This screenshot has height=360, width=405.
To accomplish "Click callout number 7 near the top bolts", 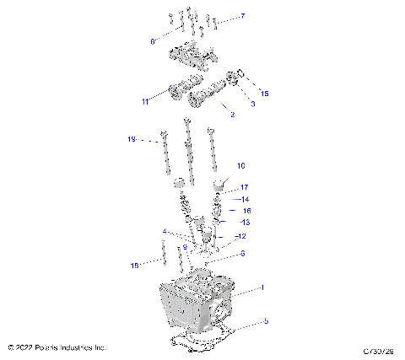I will tap(242, 16).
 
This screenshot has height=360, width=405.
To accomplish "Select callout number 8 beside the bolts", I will tap(153, 40).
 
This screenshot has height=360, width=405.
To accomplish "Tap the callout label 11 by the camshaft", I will tap(145, 102).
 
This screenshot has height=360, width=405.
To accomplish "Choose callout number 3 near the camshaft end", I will tap(251, 103).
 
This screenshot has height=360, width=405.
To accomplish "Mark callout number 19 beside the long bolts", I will tap(131, 139).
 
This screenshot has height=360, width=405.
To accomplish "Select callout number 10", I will tap(240, 166).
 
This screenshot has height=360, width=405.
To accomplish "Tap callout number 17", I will tap(245, 187).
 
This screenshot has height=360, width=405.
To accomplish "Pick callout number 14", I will tap(246, 199).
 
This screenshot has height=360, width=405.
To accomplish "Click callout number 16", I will tap(247, 211).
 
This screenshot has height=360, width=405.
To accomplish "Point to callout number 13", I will tap(246, 223).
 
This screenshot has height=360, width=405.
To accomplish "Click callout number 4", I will tap(165, 231).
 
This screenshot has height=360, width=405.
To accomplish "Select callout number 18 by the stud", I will tap(133, 266).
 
